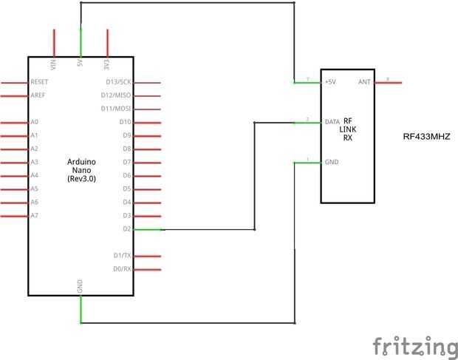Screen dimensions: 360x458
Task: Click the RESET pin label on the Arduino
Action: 39,82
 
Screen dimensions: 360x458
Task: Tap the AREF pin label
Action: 38,95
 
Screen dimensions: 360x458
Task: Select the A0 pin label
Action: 35,122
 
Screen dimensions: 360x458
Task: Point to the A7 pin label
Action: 35,215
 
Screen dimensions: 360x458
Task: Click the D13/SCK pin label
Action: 119,82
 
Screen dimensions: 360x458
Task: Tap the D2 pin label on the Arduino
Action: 127,228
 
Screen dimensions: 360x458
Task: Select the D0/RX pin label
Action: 123,269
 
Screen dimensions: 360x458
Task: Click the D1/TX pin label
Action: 123,256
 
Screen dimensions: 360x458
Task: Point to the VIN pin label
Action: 54,64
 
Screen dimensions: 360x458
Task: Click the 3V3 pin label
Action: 107,64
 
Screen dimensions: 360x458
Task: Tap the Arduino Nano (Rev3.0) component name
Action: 81,169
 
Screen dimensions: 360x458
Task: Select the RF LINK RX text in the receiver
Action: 348,129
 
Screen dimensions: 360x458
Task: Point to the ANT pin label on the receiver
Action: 363,82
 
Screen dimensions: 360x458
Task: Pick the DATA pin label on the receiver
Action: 332,122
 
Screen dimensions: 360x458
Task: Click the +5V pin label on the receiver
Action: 330,82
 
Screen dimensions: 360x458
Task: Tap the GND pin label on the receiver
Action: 331,162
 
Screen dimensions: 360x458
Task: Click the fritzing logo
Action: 414,346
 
